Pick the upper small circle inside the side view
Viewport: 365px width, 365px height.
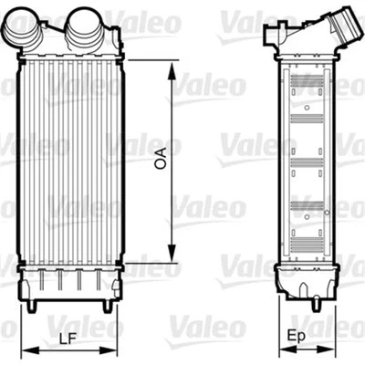(x=307, y=109)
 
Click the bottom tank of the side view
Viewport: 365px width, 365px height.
(x=306, y=278)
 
